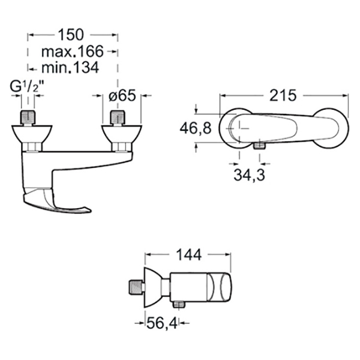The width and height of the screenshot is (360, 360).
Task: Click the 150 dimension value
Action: pos(71,35)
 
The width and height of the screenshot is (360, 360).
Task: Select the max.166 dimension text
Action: pos(73,52)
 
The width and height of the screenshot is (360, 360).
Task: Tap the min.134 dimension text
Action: pos(70,67)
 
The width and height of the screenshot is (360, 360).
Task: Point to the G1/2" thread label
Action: pos(27,87)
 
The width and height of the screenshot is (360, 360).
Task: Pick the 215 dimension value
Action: pos(283,95)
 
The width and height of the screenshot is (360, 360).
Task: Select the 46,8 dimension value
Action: pos(196,128)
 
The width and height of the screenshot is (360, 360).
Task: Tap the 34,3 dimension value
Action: pos(249,175)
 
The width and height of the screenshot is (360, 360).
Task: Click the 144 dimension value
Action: pos(189,254)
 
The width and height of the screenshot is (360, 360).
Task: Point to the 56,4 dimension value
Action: pos(162,323)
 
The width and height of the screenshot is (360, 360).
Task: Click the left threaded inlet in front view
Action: pos(28,118)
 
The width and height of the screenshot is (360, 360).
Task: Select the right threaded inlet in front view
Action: pos(118,118)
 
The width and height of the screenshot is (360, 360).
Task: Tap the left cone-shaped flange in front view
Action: pos(32,134)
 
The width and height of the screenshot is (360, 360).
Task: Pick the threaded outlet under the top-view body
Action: pos(260,145)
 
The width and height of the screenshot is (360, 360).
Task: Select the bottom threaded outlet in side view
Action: pos(179,304)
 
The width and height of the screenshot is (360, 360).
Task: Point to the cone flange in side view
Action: pos(152,287)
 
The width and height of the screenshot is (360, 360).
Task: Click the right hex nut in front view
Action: pos(121,147)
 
